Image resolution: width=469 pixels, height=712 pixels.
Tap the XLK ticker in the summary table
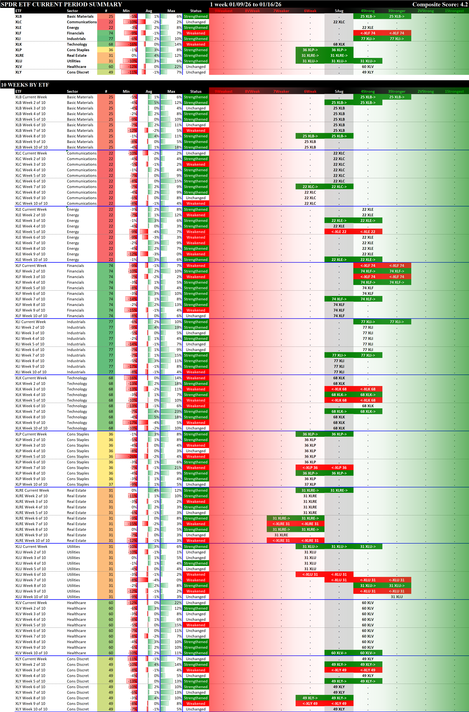(x=18, y=44)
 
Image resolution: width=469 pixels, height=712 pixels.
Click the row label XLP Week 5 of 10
(x=30, y=456)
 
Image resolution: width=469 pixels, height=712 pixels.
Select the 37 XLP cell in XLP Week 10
(x=310, y=484)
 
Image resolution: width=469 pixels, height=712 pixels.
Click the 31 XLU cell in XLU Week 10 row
(x=397, y=597)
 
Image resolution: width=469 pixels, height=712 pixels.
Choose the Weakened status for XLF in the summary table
(x=196, y=33)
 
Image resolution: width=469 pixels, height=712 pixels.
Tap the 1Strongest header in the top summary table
(x=454, y=11)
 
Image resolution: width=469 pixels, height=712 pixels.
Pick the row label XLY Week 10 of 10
(x=31, y=709)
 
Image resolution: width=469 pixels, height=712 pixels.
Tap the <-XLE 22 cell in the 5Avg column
(x=339, y=231)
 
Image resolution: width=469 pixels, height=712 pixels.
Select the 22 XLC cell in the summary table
(x=339, y=22)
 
